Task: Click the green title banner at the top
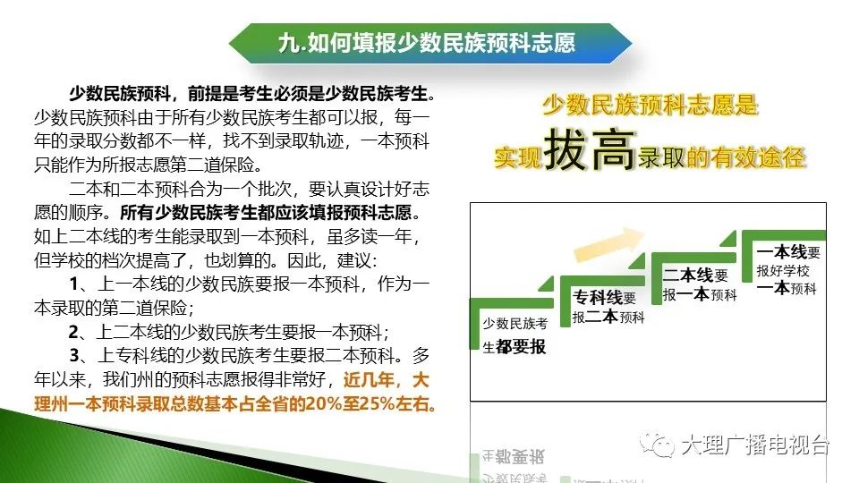tap(429, 43)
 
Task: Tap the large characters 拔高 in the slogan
tap(590, 149)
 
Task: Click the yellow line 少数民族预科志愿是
tap(651, 105)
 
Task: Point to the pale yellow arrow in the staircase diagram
tap(608, 244)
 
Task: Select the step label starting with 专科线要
tap(608, 307)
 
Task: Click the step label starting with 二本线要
tap(700, 284)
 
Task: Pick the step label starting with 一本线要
tap(788, 270)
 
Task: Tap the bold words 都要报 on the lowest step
tap(521, 347)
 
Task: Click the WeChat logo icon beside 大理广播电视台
tap(658, 444)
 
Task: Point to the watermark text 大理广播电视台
tap(755, 445)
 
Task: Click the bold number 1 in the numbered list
tap(75, 284)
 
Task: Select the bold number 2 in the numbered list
tap(74, 332)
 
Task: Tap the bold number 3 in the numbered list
tap(75, 356)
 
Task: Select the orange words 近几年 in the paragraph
tap(369, 380)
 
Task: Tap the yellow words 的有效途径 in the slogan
tap(745, 157)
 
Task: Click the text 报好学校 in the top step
tap(783, 270)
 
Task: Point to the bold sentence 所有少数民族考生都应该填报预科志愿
tap(265, 213)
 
